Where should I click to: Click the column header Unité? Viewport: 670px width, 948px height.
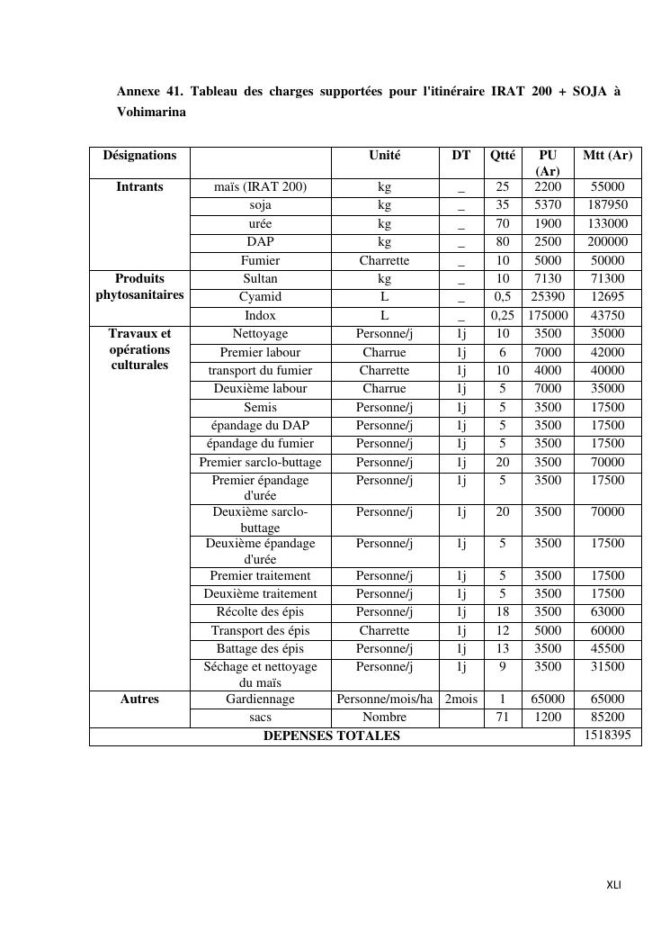point(384,155)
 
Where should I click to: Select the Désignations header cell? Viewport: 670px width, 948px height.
point(139,155)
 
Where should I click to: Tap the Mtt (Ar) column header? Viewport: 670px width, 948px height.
point(607,155)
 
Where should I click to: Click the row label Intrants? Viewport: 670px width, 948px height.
point(139,187)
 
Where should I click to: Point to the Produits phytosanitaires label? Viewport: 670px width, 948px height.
point(139,287)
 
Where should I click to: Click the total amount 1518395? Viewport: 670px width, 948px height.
point(607,736)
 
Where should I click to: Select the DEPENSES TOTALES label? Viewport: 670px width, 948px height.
point(331,736)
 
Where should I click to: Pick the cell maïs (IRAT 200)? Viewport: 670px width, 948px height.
point(260,187)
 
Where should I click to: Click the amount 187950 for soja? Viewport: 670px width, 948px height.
point(607,205)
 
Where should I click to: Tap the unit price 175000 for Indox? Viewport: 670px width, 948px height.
point(548,315)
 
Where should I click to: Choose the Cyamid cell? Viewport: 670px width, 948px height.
point(260,297)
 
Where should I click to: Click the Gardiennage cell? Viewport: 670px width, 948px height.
point(260,699)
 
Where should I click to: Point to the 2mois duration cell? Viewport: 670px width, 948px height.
point(460,699)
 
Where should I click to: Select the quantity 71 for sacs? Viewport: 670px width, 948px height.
point(503,718)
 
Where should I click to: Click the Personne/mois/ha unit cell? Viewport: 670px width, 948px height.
point(384,699)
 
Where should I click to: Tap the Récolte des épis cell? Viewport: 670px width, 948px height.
point(260,612)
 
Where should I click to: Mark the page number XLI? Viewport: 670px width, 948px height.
point(613,885)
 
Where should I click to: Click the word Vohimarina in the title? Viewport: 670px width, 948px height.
point(151,113)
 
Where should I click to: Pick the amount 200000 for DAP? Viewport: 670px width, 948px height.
point(607,242)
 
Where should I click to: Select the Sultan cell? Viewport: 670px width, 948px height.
point(260,279)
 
